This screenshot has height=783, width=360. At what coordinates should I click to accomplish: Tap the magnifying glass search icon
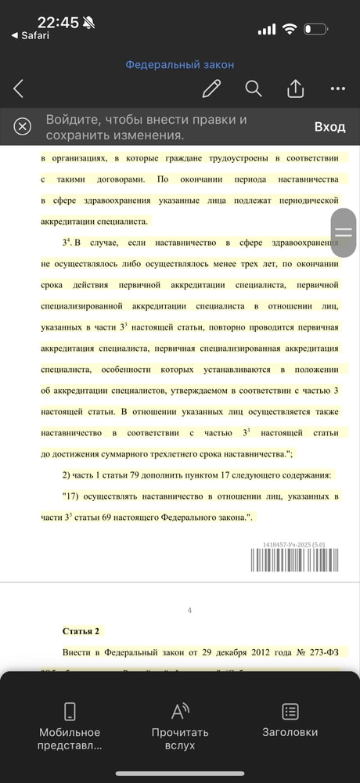tap(254, 88)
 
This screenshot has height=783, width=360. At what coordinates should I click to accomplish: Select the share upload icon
tap(295, 88)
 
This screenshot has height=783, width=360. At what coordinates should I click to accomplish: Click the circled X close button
tap(23, 126)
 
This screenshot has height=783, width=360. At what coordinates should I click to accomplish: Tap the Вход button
tap(329, 127)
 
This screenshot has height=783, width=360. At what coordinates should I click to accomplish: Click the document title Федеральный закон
tap(180, 65)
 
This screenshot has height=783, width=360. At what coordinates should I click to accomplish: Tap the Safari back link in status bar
tap(30, 35)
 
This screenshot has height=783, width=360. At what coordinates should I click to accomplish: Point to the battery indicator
tap(315, 29)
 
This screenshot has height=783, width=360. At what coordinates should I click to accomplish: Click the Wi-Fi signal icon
tap(290, 29)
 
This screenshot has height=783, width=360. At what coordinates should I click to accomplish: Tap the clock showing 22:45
tap(58, 23)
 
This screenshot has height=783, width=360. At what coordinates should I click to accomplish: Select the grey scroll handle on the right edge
tap(344, 232)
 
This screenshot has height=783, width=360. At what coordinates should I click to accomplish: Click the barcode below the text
tap(294, 561)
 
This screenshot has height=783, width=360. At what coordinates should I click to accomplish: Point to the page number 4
tap(189, 611)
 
